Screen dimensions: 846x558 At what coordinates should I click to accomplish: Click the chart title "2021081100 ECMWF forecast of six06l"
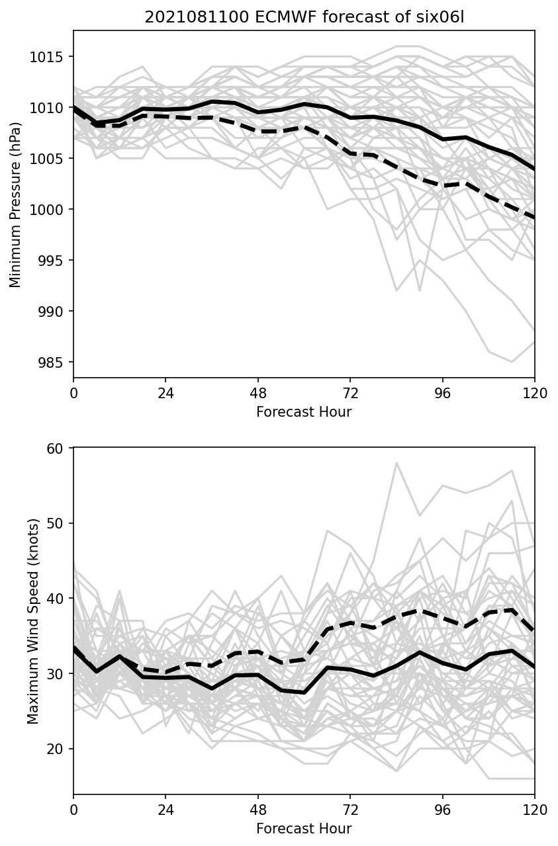click(304, 17)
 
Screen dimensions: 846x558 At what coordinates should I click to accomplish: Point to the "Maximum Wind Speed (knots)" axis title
click(33, 620)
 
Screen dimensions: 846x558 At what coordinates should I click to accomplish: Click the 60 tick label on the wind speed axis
click(55, 448)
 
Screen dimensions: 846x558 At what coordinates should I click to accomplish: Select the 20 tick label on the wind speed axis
click(55, 749)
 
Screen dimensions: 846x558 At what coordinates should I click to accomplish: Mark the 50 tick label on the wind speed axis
click(55, 523)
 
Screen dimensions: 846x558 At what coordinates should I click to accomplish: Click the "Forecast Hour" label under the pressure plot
click(304, 412)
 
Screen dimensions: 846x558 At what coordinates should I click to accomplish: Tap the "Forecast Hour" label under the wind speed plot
click(304, 829)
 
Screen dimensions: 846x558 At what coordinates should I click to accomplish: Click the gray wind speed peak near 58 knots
click(396, 463)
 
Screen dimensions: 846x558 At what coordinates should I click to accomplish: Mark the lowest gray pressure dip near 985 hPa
click(511, 362)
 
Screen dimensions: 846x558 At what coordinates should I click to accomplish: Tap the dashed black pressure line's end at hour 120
click(534, 217)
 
